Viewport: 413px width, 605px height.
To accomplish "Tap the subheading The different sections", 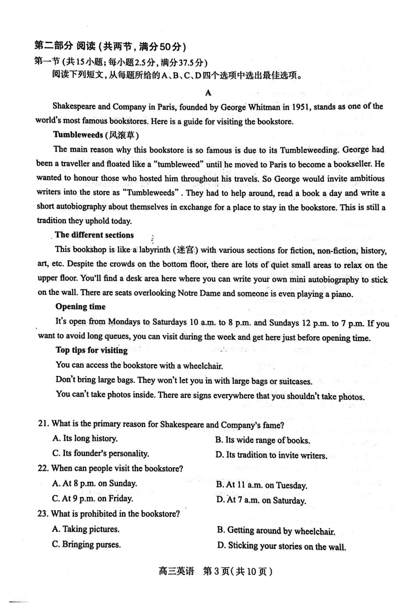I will (94, 235).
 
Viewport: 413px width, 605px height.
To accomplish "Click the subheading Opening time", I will (80, 306).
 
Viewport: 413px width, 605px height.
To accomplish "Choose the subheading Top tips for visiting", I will (91, 350).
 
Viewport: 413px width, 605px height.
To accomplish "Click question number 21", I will (44, 424).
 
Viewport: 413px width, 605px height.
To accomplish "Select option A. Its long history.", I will (85, 438).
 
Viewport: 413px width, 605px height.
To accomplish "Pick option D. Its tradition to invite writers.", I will (271, 455).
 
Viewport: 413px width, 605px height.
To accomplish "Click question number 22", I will (43, 468).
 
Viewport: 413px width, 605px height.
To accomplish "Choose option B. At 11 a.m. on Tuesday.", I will (262, 485).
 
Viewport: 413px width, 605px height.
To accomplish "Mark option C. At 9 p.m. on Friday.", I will (93, 498).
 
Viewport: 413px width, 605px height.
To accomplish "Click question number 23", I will (43, 513).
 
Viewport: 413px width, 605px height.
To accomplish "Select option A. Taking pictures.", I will (86, 529).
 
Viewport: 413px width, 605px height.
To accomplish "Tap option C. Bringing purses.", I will (87, 545).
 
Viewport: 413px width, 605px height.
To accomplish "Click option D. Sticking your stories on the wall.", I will (281, 546).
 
